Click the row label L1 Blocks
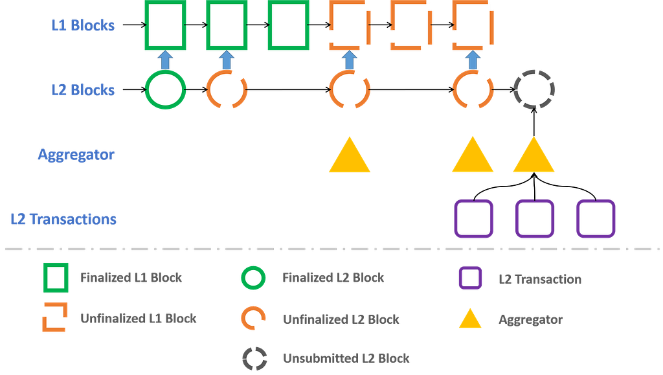pyautogui.click(x=83, y=25)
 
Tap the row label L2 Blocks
pyautogui.click(x=83, y=89)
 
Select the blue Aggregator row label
pyautogui.click(x=76, y=155)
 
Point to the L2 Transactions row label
pyautogui.click(x=63, y=219)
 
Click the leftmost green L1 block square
pyautogui.click(x=165, y=26)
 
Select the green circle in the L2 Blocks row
pyautogui.click(x=165, y=89)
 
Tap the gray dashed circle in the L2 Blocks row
pyautogui.click(x=534, y=89)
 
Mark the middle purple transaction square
pyautogui.click(x=535, y=219)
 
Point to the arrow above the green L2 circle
pyautogui.click(x=165, y=60)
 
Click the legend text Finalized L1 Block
pyautogui.click(x=131, y=278)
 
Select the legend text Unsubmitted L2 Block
pyautogui.click(x=346, y=358)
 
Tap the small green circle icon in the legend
pyautogui.click(x=253, y=278)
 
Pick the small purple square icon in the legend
pyautogui.click(x=470, y=278)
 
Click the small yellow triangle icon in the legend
pyautogui.click(x=470, y=319)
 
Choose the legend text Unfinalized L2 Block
pyautogui.click(x=341, y=319)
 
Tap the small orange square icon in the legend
pyautogui.click(x=54, y=318)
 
